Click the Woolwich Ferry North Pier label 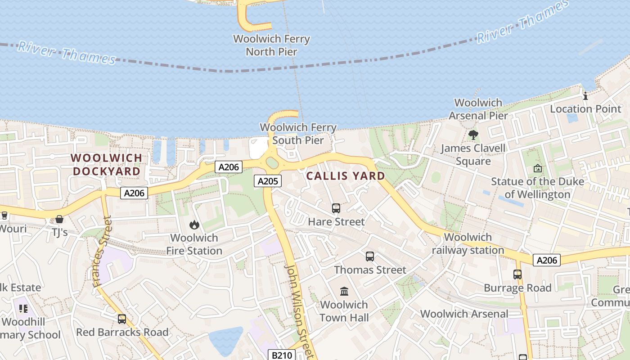271,45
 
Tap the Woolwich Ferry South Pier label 298,134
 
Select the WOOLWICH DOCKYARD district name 107,165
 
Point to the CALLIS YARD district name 346,176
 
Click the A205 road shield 268,181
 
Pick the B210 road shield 281,355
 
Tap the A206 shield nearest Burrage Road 547,260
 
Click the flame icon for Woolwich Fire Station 194,225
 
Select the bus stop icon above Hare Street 336,208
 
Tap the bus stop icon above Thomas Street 370,256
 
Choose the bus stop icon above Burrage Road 517,274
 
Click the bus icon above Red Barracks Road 122,319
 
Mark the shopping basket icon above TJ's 59,219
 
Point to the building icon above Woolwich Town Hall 344,291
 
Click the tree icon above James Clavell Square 473,135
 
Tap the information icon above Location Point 585,96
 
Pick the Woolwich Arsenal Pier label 478,109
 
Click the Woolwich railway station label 468,243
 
